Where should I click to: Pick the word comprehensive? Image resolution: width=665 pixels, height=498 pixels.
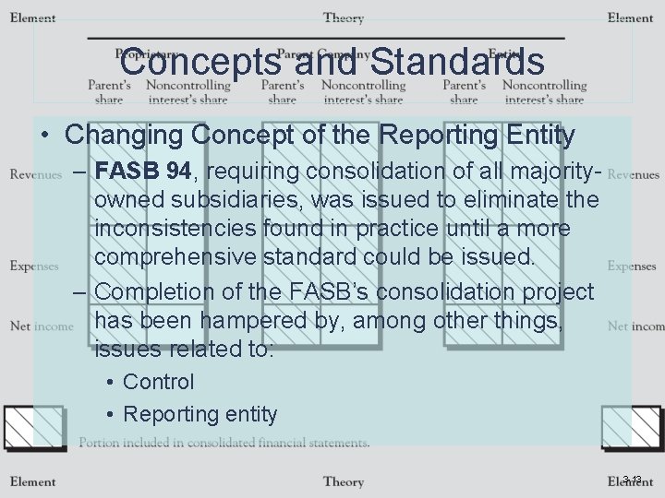(x=176, y=256)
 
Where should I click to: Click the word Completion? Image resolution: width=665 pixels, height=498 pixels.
(x=154, y=291)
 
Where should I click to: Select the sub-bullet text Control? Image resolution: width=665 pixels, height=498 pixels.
(x=158, y=382)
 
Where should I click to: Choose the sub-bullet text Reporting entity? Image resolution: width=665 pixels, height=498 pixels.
(x=199, y=414)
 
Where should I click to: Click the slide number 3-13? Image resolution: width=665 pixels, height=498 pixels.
(x=632, y=479)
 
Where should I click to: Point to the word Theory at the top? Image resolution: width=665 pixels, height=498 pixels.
(x=343, y=18)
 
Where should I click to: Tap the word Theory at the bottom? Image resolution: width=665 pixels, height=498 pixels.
(x=343, y=481)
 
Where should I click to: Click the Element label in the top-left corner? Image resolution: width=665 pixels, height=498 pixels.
(x=32, y=18)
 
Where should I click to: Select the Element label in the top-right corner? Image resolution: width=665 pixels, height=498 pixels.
(x=630, y=18)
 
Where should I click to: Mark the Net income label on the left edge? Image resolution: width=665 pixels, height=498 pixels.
(x=42, y=326)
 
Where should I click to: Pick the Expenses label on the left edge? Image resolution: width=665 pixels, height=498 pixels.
(x=34, y=266)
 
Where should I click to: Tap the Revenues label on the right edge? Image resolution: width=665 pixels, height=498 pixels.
(x=634, y=174)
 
